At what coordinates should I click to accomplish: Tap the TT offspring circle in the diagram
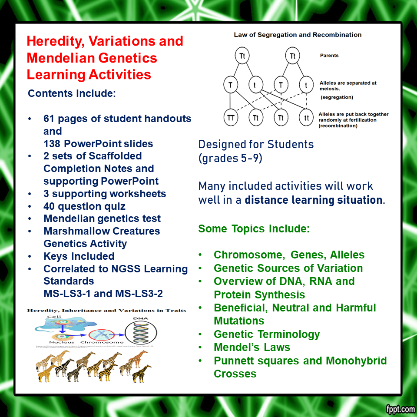[x=231, y=117]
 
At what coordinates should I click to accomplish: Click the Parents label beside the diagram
[x=329, y=56]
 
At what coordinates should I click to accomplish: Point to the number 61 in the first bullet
[x=50, y=119]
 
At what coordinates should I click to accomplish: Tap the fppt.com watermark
[x=399, y=409]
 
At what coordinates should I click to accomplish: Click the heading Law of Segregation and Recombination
[x=298, y=35]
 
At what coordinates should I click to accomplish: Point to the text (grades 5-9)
[x=230, y=158]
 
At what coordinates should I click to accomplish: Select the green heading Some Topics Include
[x=254, y=229]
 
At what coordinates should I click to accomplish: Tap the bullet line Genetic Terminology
[x=267, y=334]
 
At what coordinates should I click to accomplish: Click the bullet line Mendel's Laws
[x=252, y=347]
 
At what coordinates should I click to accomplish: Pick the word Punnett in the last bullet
[x=235, y=361]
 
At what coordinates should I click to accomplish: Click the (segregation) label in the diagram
[x=337, y=97]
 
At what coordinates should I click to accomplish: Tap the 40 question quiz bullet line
[x=84, y=206]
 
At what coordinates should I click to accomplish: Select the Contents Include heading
[x=72, y=93]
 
